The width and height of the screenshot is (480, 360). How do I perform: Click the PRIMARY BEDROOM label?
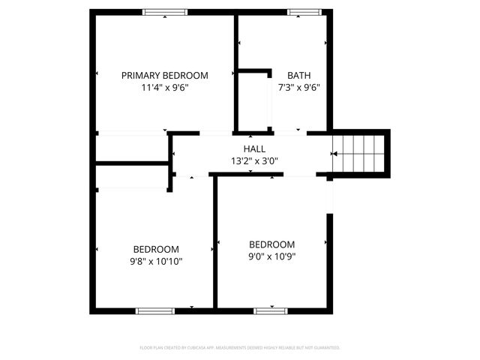click(164, 75)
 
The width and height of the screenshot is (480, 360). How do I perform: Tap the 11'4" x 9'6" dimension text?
click(164, 87)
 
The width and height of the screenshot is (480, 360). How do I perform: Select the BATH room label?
click(298, 75)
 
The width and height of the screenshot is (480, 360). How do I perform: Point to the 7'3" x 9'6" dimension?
click(298, 87)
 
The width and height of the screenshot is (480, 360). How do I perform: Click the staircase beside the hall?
click(360, 153)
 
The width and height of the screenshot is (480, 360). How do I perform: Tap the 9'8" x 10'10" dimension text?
click(156, 262)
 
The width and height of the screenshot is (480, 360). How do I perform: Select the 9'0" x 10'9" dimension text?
click(271, 256)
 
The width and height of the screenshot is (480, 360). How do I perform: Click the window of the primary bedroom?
click(165, 12)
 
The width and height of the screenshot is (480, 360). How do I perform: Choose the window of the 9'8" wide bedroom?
click(154, 310)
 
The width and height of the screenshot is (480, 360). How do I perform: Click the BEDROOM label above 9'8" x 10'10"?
click(156, 250)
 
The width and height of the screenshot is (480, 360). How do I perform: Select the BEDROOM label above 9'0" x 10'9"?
click(271, 244)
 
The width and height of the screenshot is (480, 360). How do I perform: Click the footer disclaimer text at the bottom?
click(240, 348)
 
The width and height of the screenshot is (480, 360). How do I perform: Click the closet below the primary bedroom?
click(131, 147)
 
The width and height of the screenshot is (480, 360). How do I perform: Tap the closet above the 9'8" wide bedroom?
click(131, 177)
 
